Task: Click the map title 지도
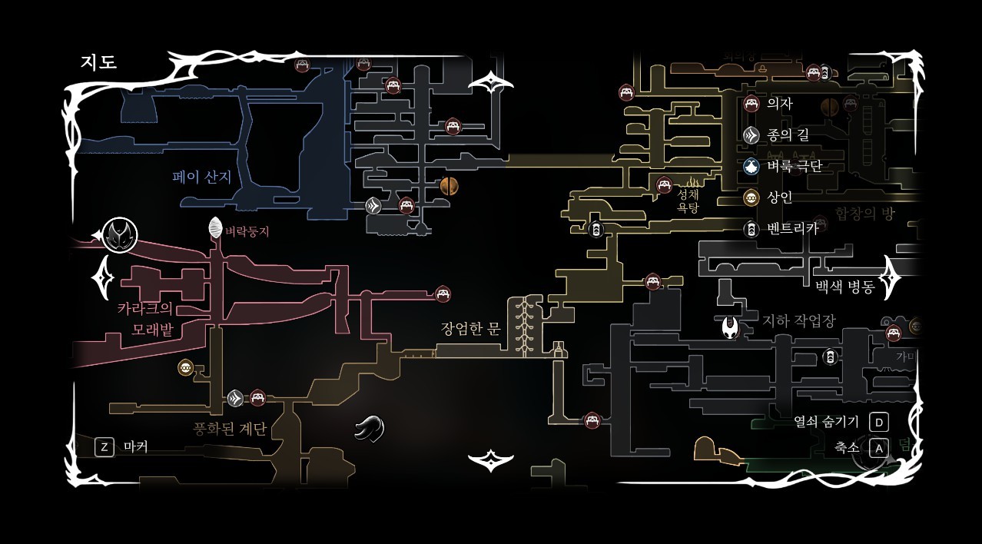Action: click(98, 62)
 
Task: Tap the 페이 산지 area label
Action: click(201, 177)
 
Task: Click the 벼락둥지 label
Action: click(247, 231)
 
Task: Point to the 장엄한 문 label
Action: click(470, 329)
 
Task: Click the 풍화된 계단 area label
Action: click(230, 428)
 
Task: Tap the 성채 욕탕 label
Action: click(688, 201)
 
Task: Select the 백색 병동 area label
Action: click(845, 287)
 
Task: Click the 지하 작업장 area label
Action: click(798, 320)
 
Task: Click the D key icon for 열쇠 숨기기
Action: click(879, 422)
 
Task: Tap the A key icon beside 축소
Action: click(879, 447)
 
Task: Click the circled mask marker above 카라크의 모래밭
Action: click(120, 234)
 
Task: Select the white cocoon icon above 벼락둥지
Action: click(216, 227)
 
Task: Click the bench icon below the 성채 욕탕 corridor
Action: click(652, 281)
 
